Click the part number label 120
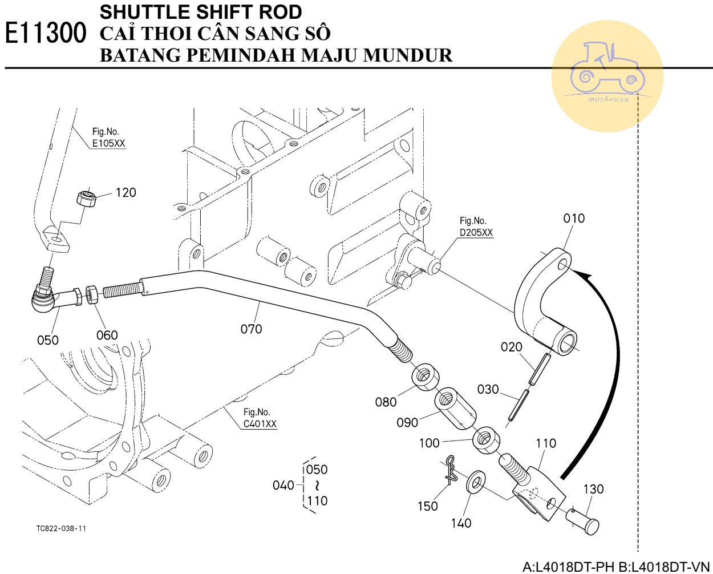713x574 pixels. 125,192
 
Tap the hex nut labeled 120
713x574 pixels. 85,200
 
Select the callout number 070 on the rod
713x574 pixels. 251,329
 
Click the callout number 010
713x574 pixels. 574,218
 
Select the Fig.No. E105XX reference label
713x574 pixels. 108,138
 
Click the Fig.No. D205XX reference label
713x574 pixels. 476,227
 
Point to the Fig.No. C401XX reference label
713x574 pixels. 260,418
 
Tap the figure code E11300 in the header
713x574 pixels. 46,34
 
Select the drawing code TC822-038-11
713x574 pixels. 62,529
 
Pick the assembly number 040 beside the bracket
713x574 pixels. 283,485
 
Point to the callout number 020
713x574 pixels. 511,347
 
